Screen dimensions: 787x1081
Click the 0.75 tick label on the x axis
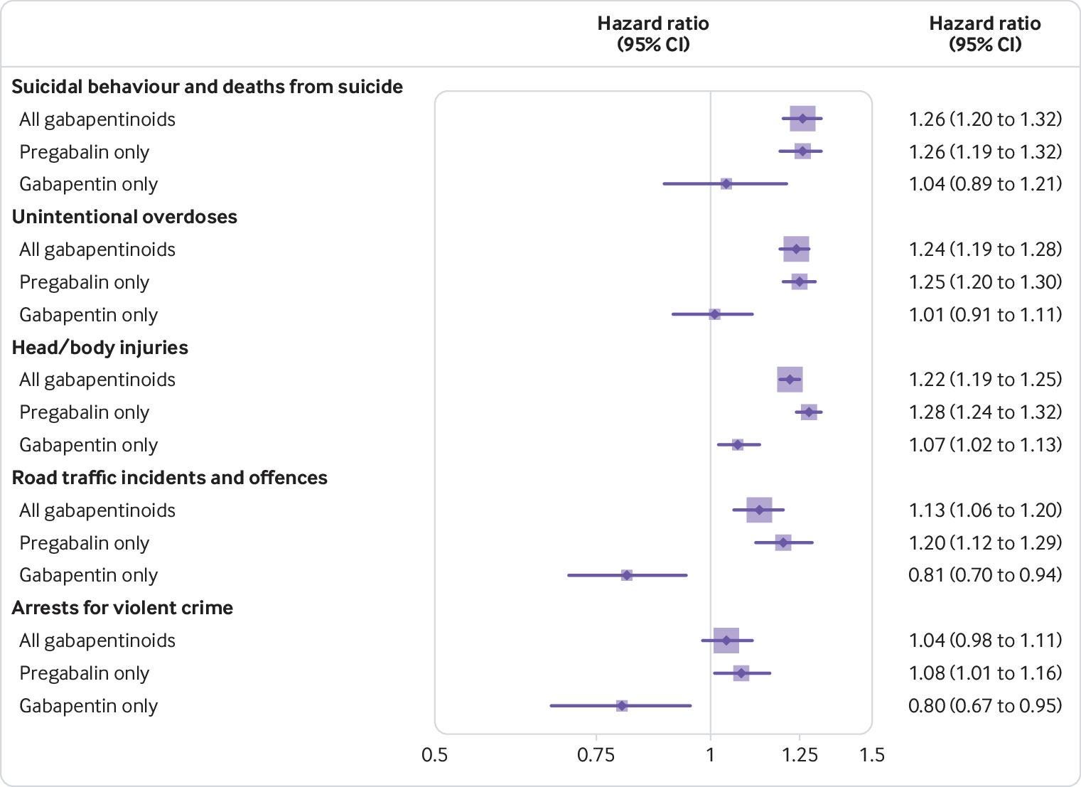coord(596,754)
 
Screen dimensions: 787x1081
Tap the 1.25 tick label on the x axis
coord(800,754)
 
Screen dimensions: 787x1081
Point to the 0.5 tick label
coord(434,754)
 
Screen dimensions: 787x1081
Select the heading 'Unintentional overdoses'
coord(124,217)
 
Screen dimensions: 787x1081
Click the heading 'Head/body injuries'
coord(100,348)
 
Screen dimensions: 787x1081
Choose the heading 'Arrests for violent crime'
coord(122,608)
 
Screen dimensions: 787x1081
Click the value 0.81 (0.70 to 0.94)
coord(985,575)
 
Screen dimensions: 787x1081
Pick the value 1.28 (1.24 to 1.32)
coord(985,412)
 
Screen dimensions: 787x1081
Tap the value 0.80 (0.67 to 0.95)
coord(985,706)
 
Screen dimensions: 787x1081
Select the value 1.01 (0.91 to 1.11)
coord(985,315)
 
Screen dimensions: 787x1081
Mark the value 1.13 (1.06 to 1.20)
coord(985,510)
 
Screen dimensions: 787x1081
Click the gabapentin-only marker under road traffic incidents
coord(626,575)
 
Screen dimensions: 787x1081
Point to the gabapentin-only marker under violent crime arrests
coord(622,706)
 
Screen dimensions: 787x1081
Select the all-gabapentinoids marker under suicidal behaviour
coord(802,119)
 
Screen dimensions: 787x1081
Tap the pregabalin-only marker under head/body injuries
coord(809,412)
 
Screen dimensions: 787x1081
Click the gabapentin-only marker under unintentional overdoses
coord(714,314)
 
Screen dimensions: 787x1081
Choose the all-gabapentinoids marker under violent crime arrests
coord(726,641)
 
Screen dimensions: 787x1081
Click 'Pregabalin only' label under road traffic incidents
coord(84,543)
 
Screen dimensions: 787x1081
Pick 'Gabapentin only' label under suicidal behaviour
coord(88,184)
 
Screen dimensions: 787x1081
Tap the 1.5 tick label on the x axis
coord(872,754)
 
